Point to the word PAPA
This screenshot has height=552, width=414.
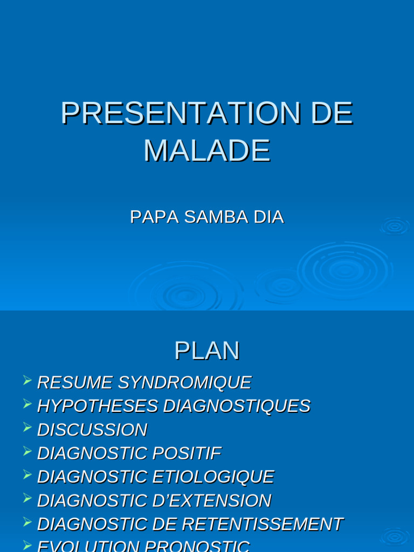(x=154, y=217)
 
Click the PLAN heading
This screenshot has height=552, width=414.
(x=207, y=351)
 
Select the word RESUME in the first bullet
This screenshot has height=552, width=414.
(x=75, y=382)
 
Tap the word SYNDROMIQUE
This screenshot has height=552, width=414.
(x=184, y=382)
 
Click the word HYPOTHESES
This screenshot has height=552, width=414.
(x=98, y=406)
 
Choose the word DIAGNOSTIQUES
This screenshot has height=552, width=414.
(x=237, y=406)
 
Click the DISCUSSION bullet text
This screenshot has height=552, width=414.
(x=92, y=430)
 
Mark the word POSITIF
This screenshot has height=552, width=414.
(x=187, y=453)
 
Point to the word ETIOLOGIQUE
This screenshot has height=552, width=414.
(x=213, y=477)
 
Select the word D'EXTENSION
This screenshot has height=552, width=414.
(x=212, y=501)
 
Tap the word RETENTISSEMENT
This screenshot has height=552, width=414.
(x=262, y=524)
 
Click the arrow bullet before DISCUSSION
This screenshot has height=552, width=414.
(x=27, y=427)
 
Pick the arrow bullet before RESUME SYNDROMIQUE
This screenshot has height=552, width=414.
(x=27, y=381)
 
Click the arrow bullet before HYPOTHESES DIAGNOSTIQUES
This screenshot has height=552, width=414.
(x=27, y=404)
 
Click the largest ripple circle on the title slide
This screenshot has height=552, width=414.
(x=345, y=269)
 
